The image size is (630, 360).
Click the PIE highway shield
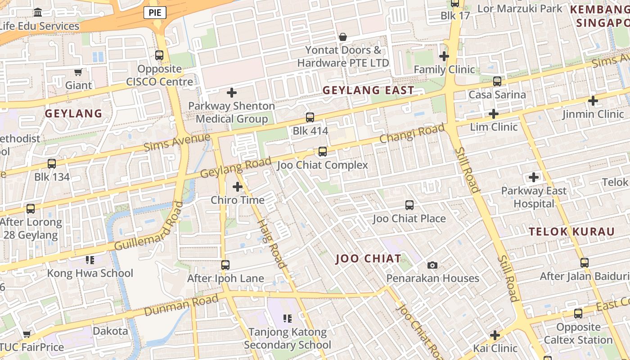pos(155,13)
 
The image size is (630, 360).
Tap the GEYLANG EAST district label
pos(368,90)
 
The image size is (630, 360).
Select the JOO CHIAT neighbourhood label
pos(368,259)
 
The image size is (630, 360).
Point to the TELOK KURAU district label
pos(571,232)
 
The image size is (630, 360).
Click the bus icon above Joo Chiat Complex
pos(323,152)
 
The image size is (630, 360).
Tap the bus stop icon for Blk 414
pos(310,117)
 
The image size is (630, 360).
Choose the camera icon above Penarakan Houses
pos(432,265)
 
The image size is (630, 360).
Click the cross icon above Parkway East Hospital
pos(534,177)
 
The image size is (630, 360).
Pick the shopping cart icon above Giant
pos(78,72)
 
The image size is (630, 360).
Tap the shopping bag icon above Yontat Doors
pos(343,37)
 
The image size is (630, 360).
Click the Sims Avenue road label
pos(177,142)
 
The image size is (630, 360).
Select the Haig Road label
pos(271,243)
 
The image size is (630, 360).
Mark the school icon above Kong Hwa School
pos(90,260)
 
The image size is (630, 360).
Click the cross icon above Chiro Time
pos(237,187)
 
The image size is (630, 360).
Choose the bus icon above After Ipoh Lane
pos(225,265)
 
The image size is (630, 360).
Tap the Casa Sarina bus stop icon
pos(497,81)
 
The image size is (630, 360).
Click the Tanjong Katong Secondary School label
pos(287,338)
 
